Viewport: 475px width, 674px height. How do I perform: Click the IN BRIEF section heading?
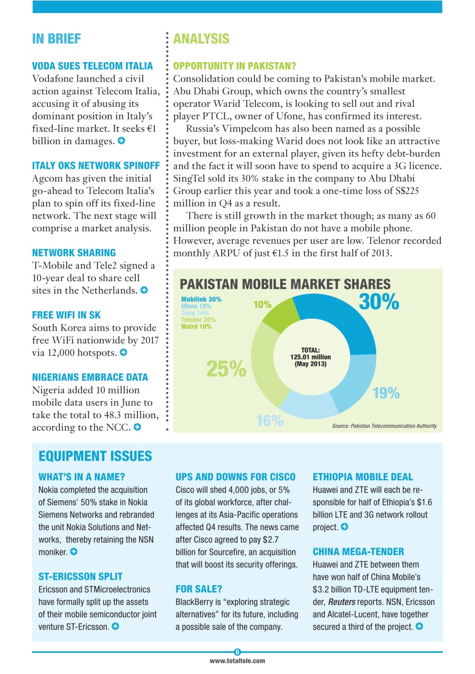coord(56,39)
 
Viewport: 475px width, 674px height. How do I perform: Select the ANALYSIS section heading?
coord(201,39)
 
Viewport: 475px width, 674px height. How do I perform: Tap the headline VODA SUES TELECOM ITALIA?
coord(93,66)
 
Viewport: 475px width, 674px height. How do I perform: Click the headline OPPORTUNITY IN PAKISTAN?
coord(235,66)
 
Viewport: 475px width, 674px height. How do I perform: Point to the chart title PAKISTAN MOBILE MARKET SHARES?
coord(285,284)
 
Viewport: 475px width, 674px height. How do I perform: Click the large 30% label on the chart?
coord(379,302)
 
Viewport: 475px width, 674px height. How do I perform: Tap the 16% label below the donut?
coord(270,421)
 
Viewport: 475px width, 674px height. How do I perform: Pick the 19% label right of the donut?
coord(386,393)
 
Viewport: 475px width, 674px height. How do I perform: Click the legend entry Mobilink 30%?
coord(201,299)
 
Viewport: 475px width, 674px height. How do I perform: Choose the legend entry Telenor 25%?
coord(198,320)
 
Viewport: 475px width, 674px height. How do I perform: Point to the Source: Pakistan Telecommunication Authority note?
coord(384,425)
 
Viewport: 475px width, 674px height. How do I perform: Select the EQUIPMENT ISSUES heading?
coord(95,456)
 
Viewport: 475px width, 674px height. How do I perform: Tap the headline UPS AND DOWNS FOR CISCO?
coord(235,477)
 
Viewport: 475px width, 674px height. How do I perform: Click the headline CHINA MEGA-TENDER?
coord(359,552)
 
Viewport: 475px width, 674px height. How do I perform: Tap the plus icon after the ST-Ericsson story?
coord(115,627)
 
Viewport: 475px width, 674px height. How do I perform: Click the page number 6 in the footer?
coord(237,652)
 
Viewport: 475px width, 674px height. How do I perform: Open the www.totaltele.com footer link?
coord(237,661)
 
